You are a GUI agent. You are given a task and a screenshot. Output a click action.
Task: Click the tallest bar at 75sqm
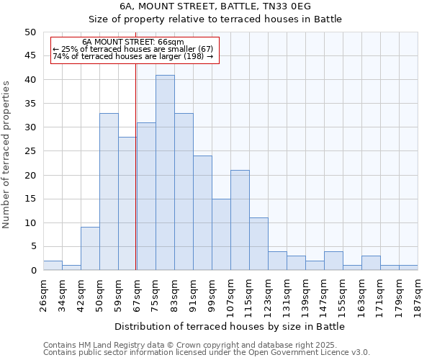(x=165, y=173)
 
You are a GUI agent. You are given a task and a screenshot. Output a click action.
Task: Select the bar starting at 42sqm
(x=90, y=249)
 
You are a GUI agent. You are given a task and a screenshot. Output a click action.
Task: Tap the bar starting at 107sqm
(x=240, y=220)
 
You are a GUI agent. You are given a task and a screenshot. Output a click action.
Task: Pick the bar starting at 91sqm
(x=202, y=213)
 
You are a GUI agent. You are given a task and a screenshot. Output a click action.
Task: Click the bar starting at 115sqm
(x=258, y=244)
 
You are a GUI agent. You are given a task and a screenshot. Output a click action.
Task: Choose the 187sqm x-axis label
(x=418, y=292)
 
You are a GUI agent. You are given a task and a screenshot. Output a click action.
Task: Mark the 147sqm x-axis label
(x=324, y=292)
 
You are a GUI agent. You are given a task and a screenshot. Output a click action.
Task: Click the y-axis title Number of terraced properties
(x=7, y=154)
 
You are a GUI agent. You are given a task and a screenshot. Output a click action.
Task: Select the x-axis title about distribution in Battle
(x=230, y=326)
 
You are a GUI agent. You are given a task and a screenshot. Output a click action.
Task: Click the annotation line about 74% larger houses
(x=133, y=56)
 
